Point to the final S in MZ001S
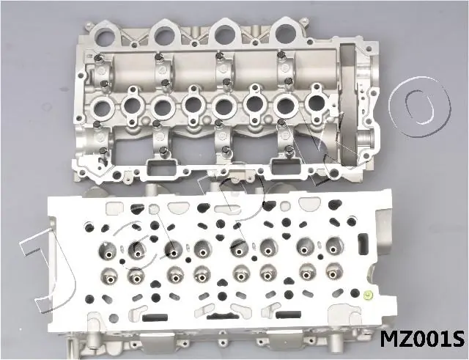(457, 339)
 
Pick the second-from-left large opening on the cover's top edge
(164, 31)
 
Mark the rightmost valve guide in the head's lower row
(334, 272)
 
